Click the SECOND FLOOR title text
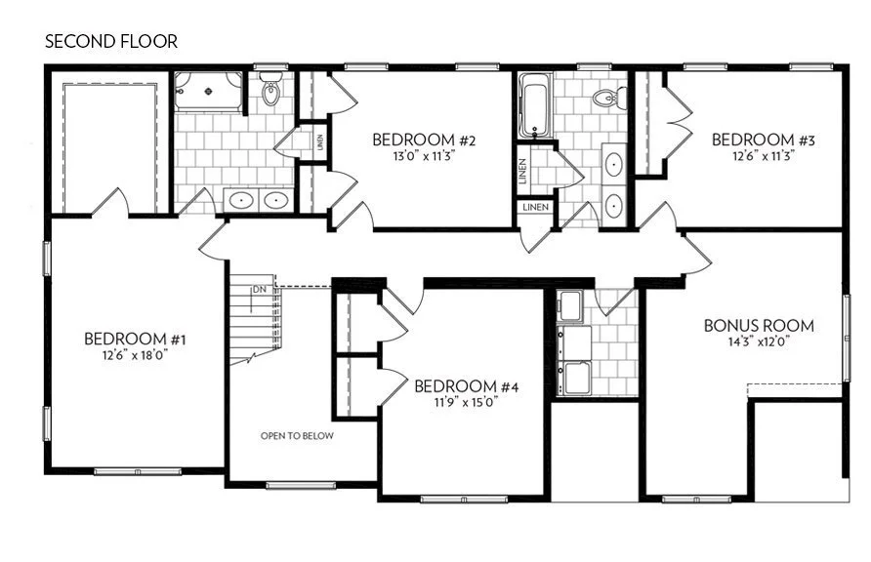point(110,43)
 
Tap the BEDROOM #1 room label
point(135,340)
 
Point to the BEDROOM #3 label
point(764,140)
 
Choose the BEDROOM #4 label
point(466,386)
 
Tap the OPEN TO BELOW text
point(297,436)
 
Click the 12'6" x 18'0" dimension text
point(135,356)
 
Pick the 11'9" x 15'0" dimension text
point(466,402)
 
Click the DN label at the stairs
point(259,290)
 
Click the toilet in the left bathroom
point(271,93)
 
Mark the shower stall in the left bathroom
point(207,91)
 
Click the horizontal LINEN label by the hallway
point(535,208)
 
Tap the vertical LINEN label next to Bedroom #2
point(319,142)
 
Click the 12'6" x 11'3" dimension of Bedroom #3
point(764,155)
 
